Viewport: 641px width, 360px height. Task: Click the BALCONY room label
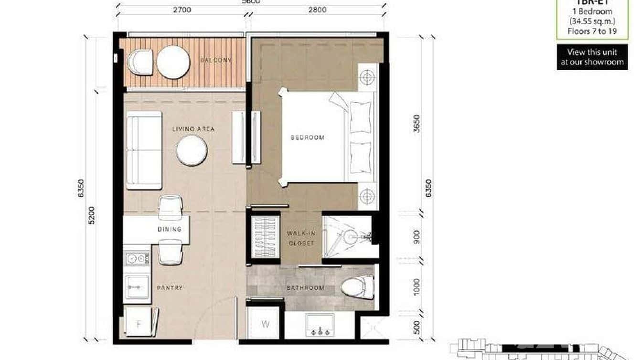[x=216, y=60]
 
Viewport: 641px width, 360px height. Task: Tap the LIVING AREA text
[x=193, y=129]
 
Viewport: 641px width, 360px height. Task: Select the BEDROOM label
[x=308, y=138]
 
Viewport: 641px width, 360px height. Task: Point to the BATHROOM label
[x=305, y=288]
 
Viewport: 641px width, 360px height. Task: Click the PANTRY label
[x=170, y=288]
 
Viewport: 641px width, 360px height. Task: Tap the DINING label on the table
[x=170, y=229]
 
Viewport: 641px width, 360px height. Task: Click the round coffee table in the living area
[x=192, y=150]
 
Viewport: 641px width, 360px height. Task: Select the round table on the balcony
[x=173, y=62]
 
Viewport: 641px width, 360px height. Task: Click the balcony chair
[x=140, y=62]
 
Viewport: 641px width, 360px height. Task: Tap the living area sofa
[x=144, y=150]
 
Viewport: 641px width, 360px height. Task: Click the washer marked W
[x=266, y=324]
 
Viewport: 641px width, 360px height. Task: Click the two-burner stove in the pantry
[x=136, y=259]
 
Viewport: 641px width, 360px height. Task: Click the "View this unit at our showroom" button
[x=592, y=57]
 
